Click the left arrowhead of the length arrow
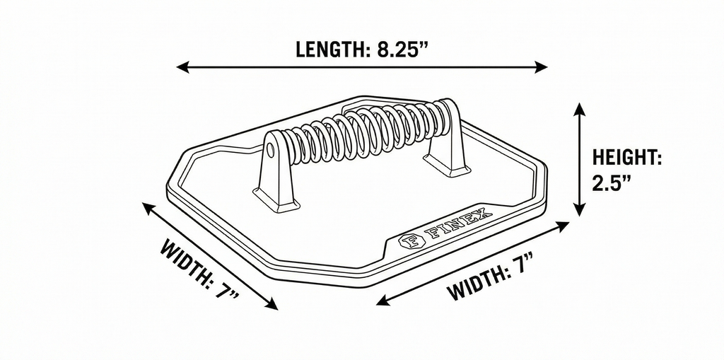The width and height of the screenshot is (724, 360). [182, 67]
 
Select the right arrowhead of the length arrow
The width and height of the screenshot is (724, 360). [541, 67]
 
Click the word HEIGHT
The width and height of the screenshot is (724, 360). [627, 158]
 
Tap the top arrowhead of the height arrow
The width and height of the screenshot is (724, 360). [580, 110]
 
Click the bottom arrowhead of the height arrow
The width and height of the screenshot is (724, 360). [580, 209]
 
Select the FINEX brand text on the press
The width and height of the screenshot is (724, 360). [457, 225]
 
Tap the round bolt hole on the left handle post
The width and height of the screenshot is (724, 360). [269, 149]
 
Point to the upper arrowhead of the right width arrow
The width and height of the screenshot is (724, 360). [563, 226]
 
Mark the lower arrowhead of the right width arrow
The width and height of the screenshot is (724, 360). [383, 301]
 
